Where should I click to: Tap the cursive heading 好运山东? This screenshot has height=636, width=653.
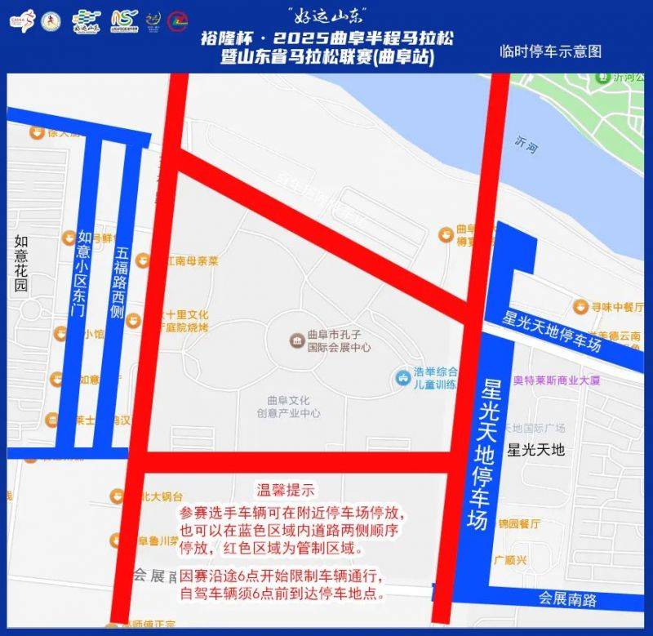pos(326,14)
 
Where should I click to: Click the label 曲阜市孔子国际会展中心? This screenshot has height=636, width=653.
pos(339,340)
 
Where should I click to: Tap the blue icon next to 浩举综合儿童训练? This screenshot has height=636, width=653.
pos(403,376)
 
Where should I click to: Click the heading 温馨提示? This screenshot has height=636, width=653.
pos(286,491)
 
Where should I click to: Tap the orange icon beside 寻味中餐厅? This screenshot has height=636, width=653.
pos(580,306)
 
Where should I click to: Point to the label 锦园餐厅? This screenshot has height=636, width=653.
pos(520,523)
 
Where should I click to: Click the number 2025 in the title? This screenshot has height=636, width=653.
pos(294,38)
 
